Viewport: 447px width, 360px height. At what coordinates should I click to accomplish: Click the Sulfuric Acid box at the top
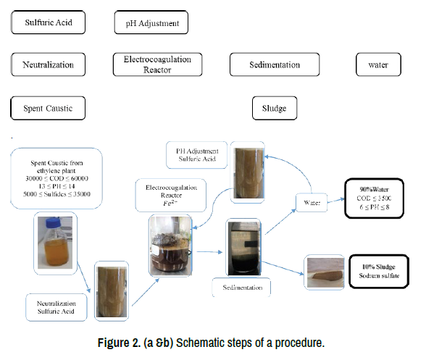(x=48, y=22)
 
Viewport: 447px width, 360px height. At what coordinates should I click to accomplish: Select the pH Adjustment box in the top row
(x=151, y=23)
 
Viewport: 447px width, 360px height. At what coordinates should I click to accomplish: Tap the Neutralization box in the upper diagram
(x=48, y=64)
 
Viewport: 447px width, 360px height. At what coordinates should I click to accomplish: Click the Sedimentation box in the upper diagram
(x=275, y=64)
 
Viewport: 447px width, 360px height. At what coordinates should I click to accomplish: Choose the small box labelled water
(x=378, y=64)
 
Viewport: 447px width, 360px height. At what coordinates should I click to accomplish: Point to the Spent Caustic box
(x=48, y=109)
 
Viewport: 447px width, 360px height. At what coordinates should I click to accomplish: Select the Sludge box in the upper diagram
(x=274, y=109)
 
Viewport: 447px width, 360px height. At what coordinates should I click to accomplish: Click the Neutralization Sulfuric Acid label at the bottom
(x=57, y=306)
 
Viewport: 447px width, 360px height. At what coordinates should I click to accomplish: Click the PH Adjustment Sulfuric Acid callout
(x=196, y=155)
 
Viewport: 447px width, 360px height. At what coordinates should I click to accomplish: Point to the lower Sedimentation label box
(x=241, y=288)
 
